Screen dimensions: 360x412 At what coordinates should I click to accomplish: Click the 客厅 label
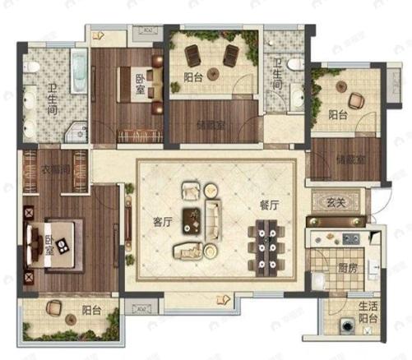coord(160,220)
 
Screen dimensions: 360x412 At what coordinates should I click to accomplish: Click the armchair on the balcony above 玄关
coord(355,100)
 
